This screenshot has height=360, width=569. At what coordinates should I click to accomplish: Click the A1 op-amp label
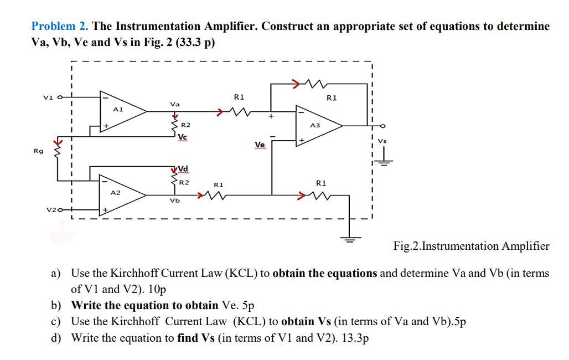pyautogui.click(x=117, y=110)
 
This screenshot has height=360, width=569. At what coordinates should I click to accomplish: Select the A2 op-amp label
pyautogui.click(x=115, y=192)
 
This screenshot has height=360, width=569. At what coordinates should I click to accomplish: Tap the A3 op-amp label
pyautogui.click(x=315, y=126)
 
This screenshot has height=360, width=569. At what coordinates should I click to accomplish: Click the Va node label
pyautogui.click(x=175, y=104)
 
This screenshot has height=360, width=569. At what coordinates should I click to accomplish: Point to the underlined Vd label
pyautogui.click(x=183, y=169)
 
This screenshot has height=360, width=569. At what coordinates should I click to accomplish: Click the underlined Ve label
pyautogui.click(x=260, y=145)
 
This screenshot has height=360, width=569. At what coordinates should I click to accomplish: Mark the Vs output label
pyautogui.click(x=382, y=141)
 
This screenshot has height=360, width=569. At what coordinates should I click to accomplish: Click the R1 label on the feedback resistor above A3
pyautogui.click(x=332, y=98)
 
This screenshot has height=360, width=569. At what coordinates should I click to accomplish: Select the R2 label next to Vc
pyautogui.click(x=186, y=126)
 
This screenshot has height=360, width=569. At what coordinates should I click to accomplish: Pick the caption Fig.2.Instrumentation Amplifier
pyautogui.click(x=471, y=246)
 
